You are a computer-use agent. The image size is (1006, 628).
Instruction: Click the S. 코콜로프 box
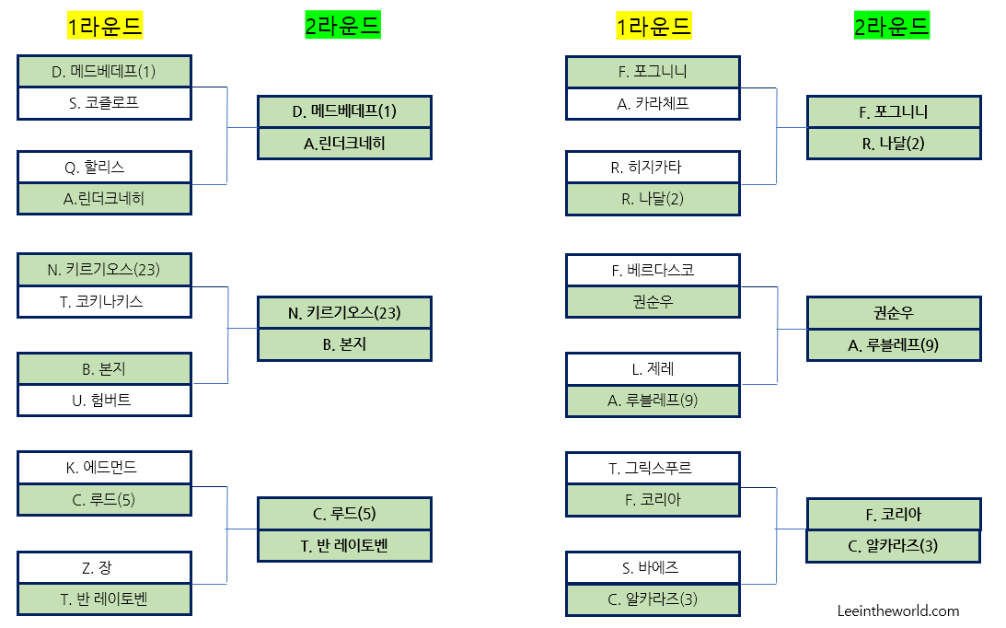point(104,103)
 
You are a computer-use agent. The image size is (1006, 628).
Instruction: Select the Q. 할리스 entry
point(104,167)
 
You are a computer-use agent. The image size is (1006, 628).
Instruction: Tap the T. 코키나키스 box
point(104,301)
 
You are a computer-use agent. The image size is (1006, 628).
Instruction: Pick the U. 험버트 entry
point(104,400)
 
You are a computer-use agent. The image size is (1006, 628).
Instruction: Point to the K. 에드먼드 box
point(104,468)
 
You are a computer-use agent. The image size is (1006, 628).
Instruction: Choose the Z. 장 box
point(104,567)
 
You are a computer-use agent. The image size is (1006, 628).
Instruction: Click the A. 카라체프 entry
point(653,103)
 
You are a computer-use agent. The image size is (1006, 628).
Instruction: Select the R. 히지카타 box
point(653,167)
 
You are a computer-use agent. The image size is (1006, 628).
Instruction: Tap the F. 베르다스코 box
point(653,270)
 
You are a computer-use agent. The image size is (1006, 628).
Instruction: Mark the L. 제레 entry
point(653,369)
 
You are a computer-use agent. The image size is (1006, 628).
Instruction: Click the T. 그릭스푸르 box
point(653,468)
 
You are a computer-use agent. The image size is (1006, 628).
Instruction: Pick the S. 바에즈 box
point(653,567)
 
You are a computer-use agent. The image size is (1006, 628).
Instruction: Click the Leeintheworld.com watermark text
point(898,611)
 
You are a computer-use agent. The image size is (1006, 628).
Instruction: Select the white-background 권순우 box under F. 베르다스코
point(653,301)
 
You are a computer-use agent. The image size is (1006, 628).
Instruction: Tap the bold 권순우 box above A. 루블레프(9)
point(894,313)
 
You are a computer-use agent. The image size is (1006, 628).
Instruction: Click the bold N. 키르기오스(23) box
point(344,313)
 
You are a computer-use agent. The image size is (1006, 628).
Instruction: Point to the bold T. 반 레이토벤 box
point(344,545)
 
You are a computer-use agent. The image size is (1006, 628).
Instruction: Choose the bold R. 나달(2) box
point(894,144)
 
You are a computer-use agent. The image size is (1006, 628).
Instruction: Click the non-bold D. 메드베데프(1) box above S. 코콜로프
point(104,71)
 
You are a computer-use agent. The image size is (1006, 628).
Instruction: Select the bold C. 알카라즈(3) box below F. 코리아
point(894,545)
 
